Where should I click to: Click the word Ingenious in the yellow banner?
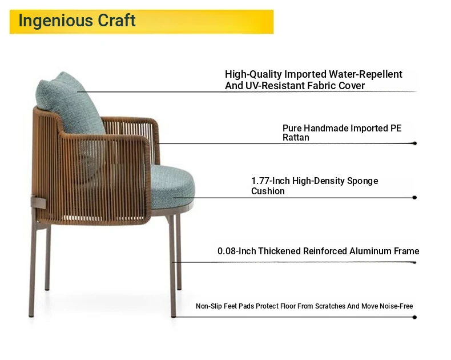[55, 21]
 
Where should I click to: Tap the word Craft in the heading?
[116, 20]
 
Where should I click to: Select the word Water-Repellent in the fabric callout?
[365, 74]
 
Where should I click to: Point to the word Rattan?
[296, 137]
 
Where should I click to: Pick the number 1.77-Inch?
[271, 181]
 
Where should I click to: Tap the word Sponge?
[363, 181]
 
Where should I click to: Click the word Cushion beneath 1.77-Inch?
[268, 191]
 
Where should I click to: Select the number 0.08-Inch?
[236, 251]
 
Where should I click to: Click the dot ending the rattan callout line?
[414, 143]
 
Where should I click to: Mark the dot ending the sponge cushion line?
[414, 198]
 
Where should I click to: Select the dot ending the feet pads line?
[414, 317]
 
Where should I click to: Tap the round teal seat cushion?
[172, 187]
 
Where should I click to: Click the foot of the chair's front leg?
[173, 315]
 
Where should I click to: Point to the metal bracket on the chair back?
[38, 202]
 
